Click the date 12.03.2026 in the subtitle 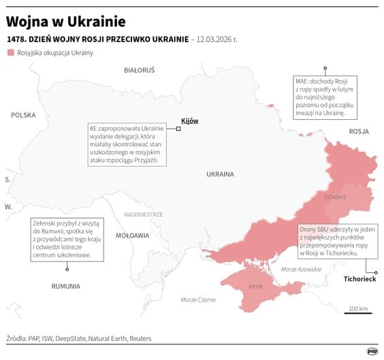pyautogui.click(x=217, y=39)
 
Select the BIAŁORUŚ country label pyautogui.click(x=140, y=70)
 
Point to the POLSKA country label pyautogui.click(x=22, y=115)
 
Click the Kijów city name pyautogui.click(x=189, y=120)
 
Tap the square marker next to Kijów pyautogui.click(x=178, y=128)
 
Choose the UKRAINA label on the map pyautogui.click(x=220, y=174)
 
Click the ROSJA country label pyautogui.click(x=358, y=131)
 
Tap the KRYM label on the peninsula pyautogui.click(x=256, y=287)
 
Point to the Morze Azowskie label pyautogui.click(x=301, y=269)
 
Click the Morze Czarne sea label pyautogui.click(x=198, y=300)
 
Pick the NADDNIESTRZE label pyautogui.click(x=143, y=214)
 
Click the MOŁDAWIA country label pyautogui.click(x=132, y=235)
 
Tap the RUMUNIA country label pyautogui.click(x=66, y=286)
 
